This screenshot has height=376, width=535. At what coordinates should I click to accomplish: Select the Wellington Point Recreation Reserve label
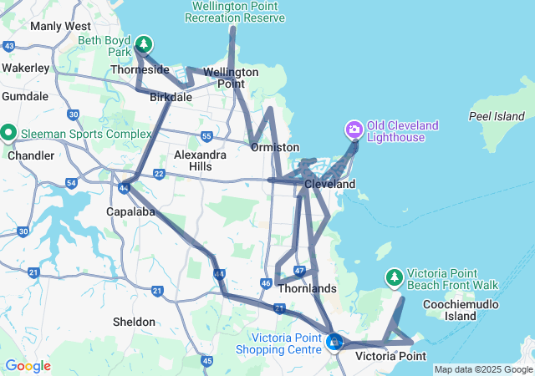(234, 12)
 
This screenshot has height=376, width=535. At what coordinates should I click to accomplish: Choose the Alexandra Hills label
(200, 160)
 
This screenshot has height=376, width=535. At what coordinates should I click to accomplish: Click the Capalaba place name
(127, 211)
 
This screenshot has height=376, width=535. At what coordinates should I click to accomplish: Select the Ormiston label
(275, 147)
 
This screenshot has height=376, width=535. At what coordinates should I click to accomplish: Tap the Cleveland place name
(329, 184)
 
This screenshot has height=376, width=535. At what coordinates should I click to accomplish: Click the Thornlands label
(307, 289)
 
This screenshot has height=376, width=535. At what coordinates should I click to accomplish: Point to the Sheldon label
(134, 322)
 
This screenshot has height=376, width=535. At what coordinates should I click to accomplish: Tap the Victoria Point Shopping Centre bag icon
(334, 342)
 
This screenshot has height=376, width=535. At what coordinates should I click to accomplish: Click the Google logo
(27, 366)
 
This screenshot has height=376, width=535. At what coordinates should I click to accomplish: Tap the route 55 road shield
(206, 135)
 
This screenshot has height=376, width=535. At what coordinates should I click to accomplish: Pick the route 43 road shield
(9, 45)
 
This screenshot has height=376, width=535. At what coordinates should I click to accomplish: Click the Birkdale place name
(171, 98)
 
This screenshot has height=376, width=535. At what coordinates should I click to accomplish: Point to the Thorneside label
(139, 71)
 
